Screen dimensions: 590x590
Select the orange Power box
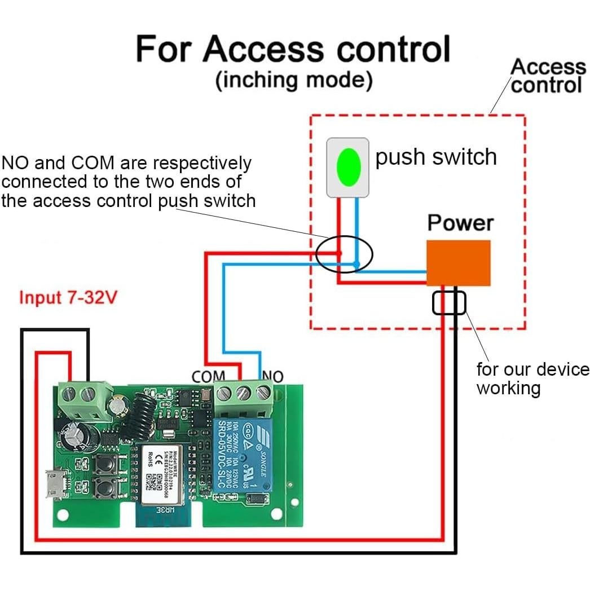[458, 263]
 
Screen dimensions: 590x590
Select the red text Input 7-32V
[68, 297]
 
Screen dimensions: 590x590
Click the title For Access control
[293, 49]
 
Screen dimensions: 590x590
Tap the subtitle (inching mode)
[294, 80]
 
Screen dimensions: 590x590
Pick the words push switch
[436, 157]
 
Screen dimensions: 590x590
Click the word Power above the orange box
[460, 223]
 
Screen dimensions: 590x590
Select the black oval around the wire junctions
[344, 254]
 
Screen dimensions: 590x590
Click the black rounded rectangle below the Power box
[449, 303]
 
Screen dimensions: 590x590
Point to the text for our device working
[532, 378]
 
